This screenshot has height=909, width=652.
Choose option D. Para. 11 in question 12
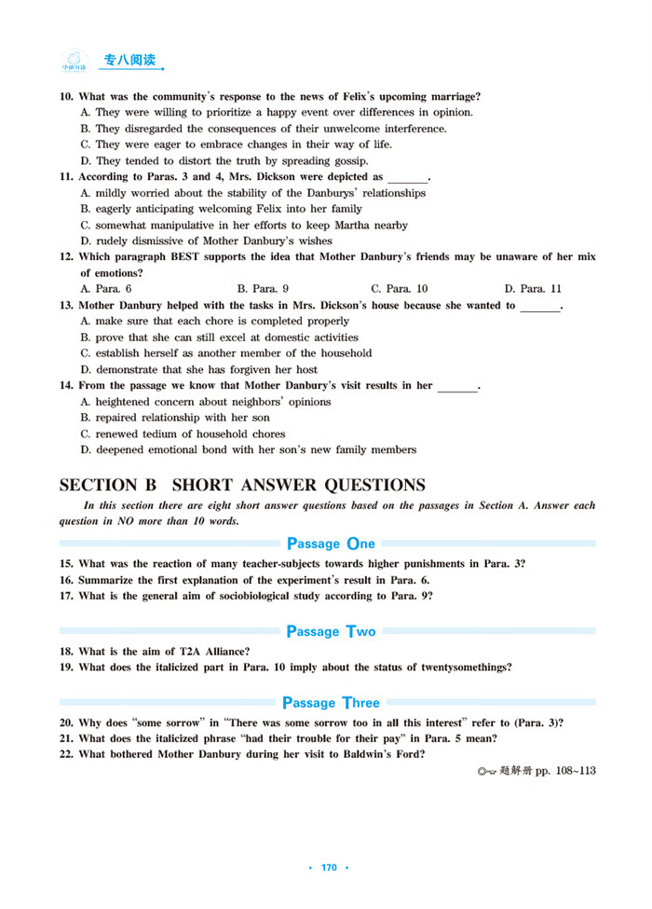533,289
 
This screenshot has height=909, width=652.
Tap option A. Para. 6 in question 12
105,289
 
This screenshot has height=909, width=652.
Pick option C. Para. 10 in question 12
399,289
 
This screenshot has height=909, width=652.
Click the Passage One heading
331,544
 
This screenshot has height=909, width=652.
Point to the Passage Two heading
331,631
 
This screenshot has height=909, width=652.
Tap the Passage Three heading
331,702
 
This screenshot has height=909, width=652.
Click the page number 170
328,868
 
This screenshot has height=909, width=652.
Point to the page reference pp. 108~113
564,771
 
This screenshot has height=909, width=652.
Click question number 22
66,754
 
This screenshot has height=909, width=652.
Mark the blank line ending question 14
456,387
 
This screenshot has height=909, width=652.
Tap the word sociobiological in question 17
252,596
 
